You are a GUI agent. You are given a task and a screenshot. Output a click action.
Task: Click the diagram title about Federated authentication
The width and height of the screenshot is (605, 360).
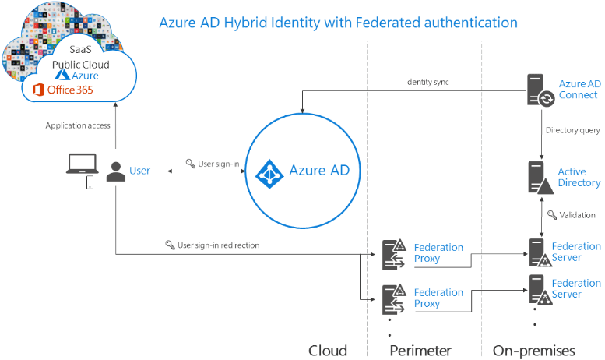point(338,22)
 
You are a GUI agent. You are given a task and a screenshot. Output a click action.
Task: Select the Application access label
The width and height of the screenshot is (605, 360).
point(78,125)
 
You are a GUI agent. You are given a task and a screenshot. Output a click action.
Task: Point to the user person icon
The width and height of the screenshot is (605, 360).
point(116,171)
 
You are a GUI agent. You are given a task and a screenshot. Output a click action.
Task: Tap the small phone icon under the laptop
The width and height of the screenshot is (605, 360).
point(90,182)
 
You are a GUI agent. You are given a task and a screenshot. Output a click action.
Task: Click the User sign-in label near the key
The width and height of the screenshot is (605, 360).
point(218,164)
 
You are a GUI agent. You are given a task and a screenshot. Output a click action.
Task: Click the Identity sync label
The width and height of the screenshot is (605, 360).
point(427,82)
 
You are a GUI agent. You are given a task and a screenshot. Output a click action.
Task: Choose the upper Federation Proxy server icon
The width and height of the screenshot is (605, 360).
point(394,252)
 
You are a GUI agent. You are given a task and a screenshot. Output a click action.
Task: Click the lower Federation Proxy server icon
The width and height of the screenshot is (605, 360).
point(394,298)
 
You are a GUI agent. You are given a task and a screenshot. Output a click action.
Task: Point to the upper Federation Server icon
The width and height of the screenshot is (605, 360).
point(537,252)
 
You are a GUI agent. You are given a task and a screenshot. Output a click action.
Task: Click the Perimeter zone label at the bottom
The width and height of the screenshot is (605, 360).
point(420,350)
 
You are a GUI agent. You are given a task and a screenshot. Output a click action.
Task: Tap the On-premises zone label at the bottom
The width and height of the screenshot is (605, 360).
point(534,350)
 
